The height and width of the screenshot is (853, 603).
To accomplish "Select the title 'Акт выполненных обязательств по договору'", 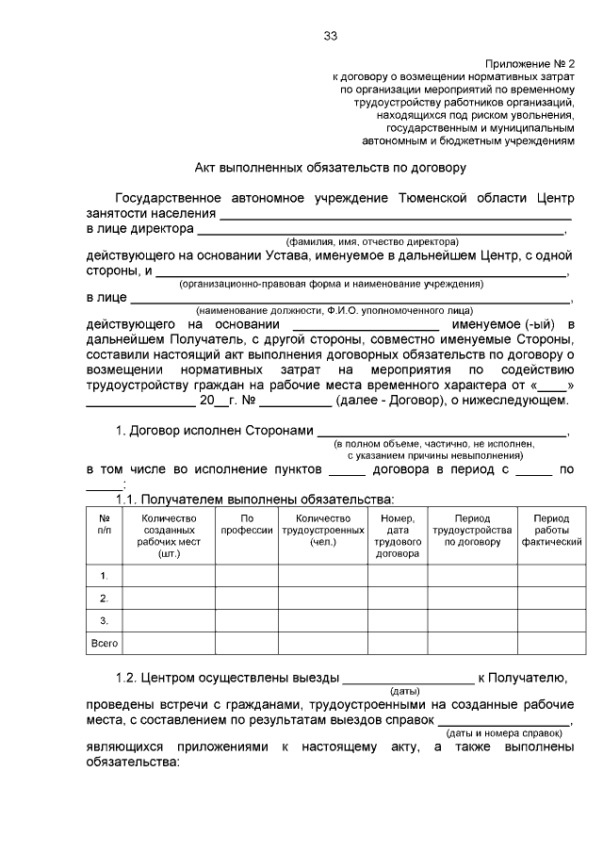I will tap(330, 168).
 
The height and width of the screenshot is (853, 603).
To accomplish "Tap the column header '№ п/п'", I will tap(104, 524).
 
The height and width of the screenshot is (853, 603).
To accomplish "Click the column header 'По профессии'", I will tap(246, 524).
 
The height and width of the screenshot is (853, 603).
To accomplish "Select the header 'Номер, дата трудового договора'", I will tap(398, 535).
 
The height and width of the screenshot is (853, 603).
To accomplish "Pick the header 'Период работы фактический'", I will tap(551, 530).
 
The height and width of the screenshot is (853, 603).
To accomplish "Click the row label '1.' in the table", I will tap(104, 575).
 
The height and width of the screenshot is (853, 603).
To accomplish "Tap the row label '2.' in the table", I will tap(104, 598).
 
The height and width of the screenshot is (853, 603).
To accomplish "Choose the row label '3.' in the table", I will tap(104, 620).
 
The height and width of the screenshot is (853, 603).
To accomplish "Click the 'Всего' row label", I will tap(104, 643).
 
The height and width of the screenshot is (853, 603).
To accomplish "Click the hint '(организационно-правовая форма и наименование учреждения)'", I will tap(331, 283).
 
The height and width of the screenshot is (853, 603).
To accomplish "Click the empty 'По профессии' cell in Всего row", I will tap(246, 643).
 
